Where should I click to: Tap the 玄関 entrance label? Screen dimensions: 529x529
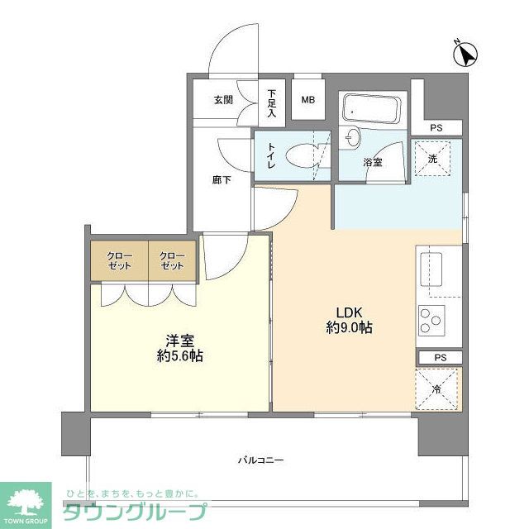click(x=223, y=101)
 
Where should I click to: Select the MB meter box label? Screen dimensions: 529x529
click(x=307, y=101)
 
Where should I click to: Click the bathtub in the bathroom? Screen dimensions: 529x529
click(x=371, y=108)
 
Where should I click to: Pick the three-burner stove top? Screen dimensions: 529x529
click(x=430, y=319)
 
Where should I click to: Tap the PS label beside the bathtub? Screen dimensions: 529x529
click(x=436, y=128)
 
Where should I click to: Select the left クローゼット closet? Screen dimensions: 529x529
click(x=120, y=260)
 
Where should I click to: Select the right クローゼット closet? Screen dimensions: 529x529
click(x=172, y=260)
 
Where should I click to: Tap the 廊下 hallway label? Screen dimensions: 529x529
click(x=221, y=180)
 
